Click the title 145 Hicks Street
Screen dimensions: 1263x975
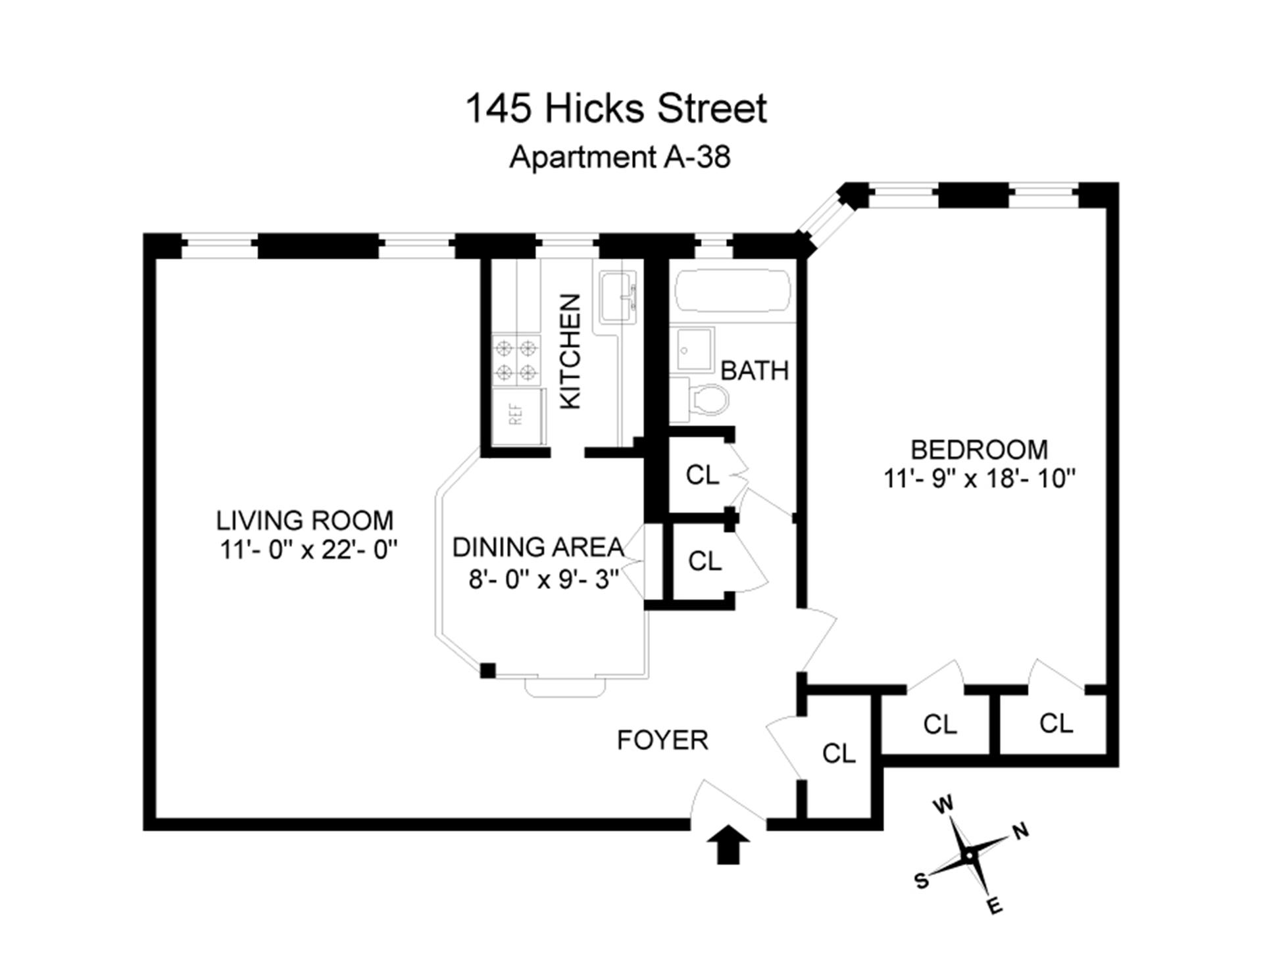pyautogui.click(x=616, y=109)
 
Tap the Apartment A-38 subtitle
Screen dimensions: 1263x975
pyautogui.click(x=620, y=157)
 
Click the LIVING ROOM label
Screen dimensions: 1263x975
pyautogui.click(x=305, y=521)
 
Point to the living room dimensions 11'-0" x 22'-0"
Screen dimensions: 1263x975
pyautogui.click(x=309, y=550)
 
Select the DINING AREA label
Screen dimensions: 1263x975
pyautogui.click(x=537, y=548)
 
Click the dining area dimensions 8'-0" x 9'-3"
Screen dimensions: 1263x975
pyautogui.click(x=543, y=580)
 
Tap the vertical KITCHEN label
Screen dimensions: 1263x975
pyautogui.click(x=570, y=351)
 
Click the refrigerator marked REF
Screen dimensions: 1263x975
pyautogui.click(x=518, y=416)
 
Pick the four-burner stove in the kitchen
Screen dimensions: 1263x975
pyautogui.click(x=516, y=360)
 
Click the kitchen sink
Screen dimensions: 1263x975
pyautogui.click(x=618, y=298)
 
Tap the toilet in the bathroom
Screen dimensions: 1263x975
pyautogui.click(x=707, y=400)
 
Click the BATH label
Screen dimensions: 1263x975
pyautogui.click(x=755, y=371)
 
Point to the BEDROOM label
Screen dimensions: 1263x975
pyautogui.click(x=979, y=450)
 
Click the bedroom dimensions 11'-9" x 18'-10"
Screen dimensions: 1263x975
pyautogui.click(x=979, y=479)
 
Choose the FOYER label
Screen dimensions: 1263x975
pyautogui.click(x=662, y=741)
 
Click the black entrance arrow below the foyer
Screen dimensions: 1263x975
pyautogui.click(x=728, y=845)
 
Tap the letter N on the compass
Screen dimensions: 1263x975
pyautogui.click(x=1020, y=832)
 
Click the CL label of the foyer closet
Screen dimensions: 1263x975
pyautogui.click(x=839, y=753)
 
